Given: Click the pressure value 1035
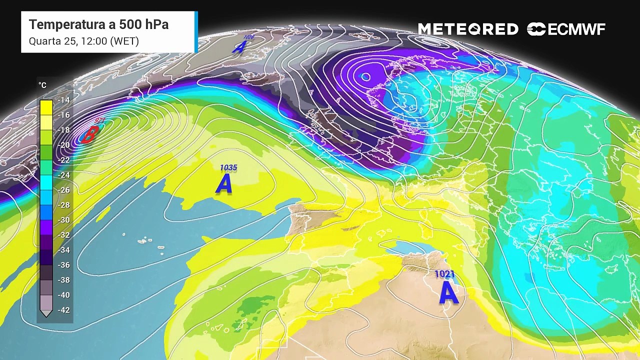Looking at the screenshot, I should coord(228,168).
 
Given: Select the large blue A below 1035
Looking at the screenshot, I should coord(224,184).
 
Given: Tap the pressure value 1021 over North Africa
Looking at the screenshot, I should coord(444,274).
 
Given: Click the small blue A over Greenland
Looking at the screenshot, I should coord(239,47).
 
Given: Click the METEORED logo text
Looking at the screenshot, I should coord(468,29).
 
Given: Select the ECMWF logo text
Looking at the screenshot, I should coord(576,29).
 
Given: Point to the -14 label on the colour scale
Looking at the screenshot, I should coord(64,100).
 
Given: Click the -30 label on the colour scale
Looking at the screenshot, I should coord(64,220).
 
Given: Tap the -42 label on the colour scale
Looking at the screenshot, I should coord(64,310).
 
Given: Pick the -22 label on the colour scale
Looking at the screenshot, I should coord(64,160).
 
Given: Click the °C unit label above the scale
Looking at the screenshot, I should coord(42,85).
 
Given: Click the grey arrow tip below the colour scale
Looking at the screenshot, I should coord(46,314).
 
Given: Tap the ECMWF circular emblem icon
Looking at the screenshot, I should coord(536,29).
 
